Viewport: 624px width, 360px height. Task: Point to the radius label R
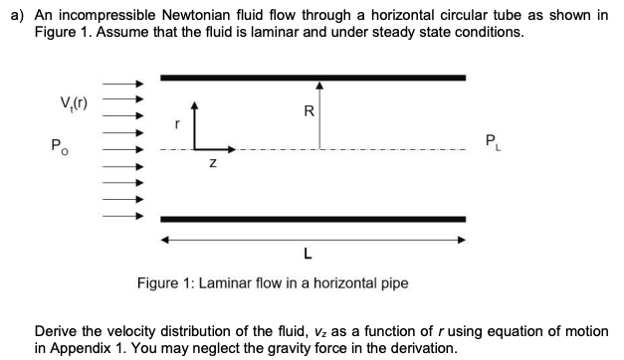[x=310, y=112]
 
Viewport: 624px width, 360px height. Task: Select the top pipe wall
[x=312, y=77]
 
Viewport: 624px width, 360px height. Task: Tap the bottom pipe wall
[x=312, y=218]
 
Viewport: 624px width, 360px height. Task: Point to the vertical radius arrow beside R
[x=319, y=114]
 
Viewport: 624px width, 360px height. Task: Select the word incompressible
[x=123, y=16]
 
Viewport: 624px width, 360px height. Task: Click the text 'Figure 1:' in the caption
[x=165, y=283]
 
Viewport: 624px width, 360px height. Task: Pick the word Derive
[x=58, y=331]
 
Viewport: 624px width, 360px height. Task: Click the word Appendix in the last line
[x=87, y=348]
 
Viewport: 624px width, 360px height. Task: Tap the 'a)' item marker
[x=15, y=16]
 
